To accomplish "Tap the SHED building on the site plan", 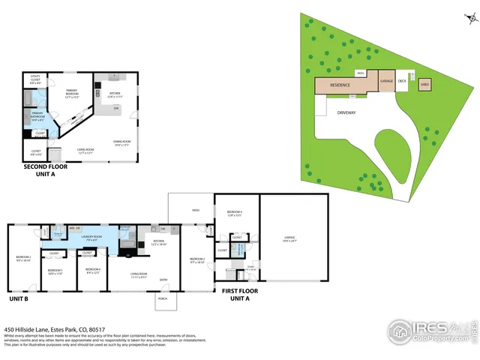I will pos(424,84).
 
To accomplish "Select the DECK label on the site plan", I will pos(402,80).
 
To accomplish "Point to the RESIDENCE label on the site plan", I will pos(340,85).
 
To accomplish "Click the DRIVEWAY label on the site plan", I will pos(346,112).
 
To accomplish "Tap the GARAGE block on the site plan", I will pos(386,81).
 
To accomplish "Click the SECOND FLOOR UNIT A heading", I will pos(46,170).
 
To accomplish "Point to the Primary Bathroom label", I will pos(37,116).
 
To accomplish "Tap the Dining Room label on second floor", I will pos(121,143).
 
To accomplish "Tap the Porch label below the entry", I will pos(162,298).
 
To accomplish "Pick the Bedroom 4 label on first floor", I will pos(234,213).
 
